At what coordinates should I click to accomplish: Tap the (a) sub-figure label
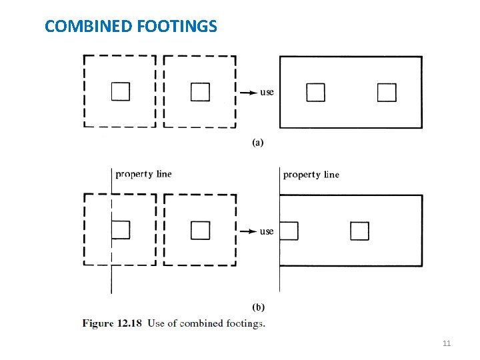258,142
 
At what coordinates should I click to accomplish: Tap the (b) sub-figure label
258,307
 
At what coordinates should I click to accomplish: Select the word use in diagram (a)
267,92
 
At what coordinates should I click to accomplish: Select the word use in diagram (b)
267,231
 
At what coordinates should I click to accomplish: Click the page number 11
447,343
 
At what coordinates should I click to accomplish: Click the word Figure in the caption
98,323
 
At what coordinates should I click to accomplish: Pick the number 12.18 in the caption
129,323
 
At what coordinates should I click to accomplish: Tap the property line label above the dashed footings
143,174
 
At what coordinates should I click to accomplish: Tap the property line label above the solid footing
311,175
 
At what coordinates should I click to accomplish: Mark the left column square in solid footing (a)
315,92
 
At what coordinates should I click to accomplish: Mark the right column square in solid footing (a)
387,92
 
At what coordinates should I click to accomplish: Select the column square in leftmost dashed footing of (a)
121,91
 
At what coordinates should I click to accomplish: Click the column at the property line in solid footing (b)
289,231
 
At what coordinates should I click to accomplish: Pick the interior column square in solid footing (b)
359,231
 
